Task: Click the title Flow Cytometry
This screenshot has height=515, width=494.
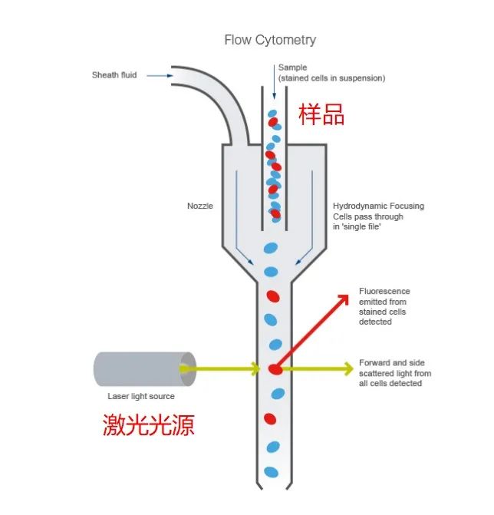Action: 270,39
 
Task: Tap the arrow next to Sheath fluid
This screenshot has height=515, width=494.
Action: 158,75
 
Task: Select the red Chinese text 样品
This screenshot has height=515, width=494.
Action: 321,114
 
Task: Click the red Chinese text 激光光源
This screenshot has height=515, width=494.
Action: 149,424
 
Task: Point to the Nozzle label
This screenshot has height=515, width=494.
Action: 200,206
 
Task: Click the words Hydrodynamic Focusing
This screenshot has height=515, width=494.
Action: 378,206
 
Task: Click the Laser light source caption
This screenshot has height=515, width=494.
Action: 141,396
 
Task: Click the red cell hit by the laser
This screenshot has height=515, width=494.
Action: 275,369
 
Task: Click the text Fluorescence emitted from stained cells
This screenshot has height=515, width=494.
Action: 384,306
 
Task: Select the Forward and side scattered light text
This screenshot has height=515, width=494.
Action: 395,373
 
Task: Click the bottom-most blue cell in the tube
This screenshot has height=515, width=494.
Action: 271,471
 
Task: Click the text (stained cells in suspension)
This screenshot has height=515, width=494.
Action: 331,78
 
